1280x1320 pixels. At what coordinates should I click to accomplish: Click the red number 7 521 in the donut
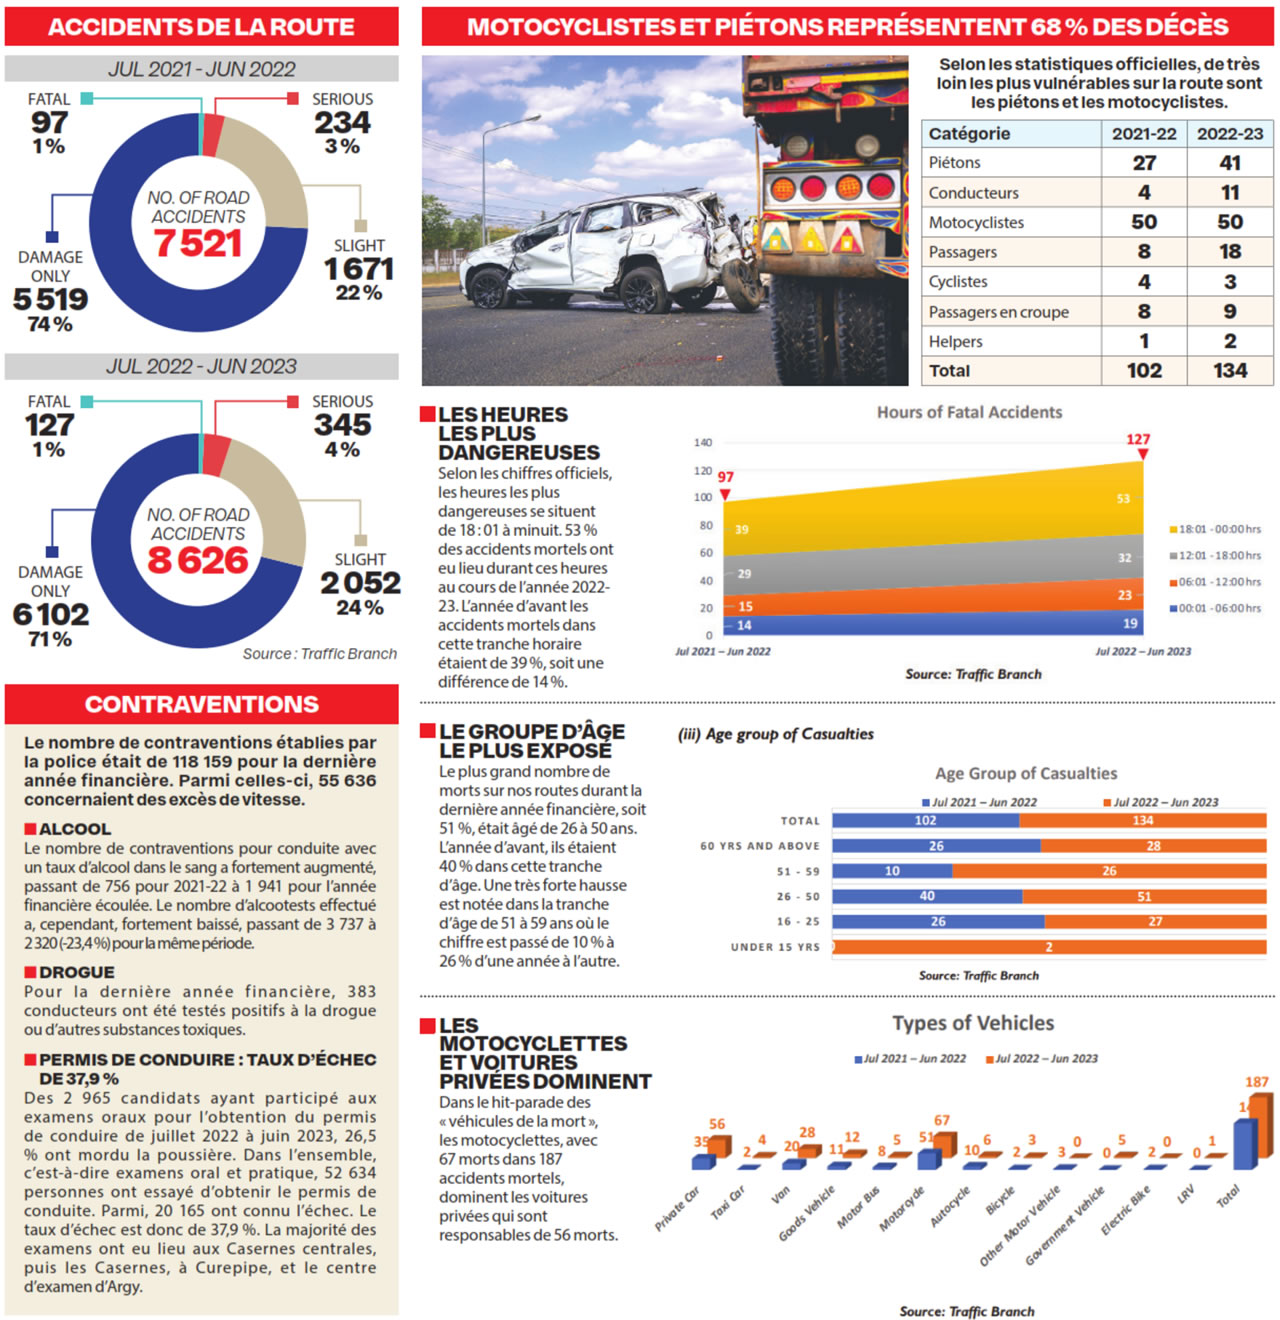tap(198, 243)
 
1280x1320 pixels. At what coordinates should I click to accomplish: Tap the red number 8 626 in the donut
tap(198, 560)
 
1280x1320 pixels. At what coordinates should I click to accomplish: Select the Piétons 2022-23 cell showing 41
tap(1230, 163)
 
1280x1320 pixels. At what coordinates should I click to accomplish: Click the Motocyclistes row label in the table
tap(976, 222)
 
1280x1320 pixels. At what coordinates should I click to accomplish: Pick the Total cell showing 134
tap(1230, 370)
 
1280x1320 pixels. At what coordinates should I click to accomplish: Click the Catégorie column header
tap(969, 134)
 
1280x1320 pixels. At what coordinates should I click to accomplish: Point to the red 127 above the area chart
tap(1138, 439)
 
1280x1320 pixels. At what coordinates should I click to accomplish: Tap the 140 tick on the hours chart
tap(703, 442)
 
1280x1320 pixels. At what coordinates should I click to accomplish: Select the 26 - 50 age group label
tap(798, 897)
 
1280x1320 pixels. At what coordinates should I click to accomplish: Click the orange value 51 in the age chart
tap(1144, 897)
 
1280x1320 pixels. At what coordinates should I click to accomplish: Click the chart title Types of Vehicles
tap(973, 1023)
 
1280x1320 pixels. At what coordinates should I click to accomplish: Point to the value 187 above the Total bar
tap(1257, 1082)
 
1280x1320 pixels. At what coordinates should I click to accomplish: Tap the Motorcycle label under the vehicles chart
tap(902, 1209)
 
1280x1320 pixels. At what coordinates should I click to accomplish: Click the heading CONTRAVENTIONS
tap(202, 704)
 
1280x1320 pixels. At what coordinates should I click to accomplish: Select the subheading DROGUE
tap(77, 972)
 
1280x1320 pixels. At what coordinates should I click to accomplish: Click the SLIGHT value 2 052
tap(360, 582)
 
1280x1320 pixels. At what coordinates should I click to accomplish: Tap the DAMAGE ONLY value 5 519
tap(51, 299)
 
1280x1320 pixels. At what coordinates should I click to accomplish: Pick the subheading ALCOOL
tap(75, 829)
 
